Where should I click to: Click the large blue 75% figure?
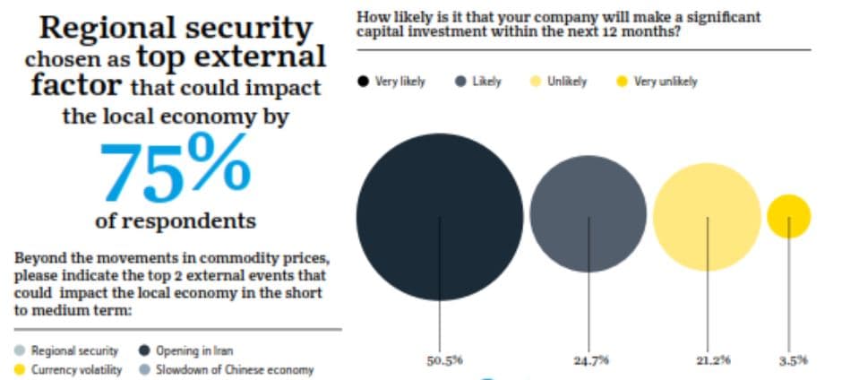[x=175, y=168]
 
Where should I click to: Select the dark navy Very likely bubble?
[x=439, y=217]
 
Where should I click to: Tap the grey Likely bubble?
[x=588, y=213]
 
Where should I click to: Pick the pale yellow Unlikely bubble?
[x=707, y=217]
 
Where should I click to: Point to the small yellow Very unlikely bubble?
[x=788, y=216]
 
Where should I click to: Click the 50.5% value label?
[x=444, y=360]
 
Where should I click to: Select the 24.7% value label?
[x=590, y=360]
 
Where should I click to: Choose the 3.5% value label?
[x=793, y=360]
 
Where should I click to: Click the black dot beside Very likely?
[x=363, y=82]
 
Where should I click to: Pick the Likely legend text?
[x=486, y=82]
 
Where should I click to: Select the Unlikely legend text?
[x=566, y=82]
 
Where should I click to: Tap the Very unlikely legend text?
[x=666, y=82]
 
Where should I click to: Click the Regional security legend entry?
[x=66, y=351]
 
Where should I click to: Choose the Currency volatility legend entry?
[x=68, y=370]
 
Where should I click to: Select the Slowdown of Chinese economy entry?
[x=226, y=370]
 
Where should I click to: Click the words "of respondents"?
[x=175, y=220]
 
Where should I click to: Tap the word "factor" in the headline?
[x=75, y=85]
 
